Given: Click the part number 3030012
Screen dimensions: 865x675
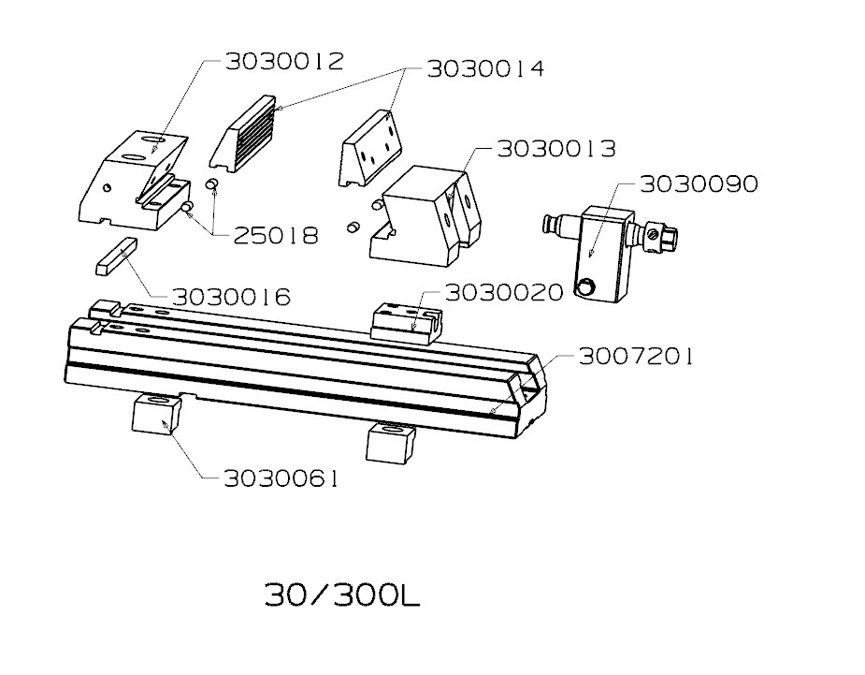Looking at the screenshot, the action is point(284,61).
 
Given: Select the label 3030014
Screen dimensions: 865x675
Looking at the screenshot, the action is point(485,69).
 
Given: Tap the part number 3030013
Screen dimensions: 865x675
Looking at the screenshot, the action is point(556,149).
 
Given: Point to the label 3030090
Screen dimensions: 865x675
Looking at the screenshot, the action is point(699,183).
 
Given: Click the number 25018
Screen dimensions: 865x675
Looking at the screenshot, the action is point(277,236).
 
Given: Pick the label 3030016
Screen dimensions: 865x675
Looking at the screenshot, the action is point(231,297).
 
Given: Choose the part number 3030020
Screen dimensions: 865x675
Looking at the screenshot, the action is point(504,292).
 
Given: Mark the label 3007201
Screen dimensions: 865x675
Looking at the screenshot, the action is point(636,357).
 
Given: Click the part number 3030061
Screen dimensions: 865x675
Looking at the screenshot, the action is point(281,478).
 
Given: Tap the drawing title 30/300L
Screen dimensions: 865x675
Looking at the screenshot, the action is point(342,594).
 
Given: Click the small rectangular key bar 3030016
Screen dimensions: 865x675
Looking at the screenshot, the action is point(115,256).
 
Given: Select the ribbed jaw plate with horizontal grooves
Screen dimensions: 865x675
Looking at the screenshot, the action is point(243,135).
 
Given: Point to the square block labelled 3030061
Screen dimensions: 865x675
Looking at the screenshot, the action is point(156,414).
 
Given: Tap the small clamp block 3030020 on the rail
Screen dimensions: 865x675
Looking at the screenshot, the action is point(407,324).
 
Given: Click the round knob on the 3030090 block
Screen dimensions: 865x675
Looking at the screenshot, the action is point(585,287).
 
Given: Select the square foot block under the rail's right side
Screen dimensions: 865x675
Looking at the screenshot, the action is point(391,443).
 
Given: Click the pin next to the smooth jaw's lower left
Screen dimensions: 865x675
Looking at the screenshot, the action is point(353,227).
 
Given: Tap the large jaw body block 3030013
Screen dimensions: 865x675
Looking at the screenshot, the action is point(425,216).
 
